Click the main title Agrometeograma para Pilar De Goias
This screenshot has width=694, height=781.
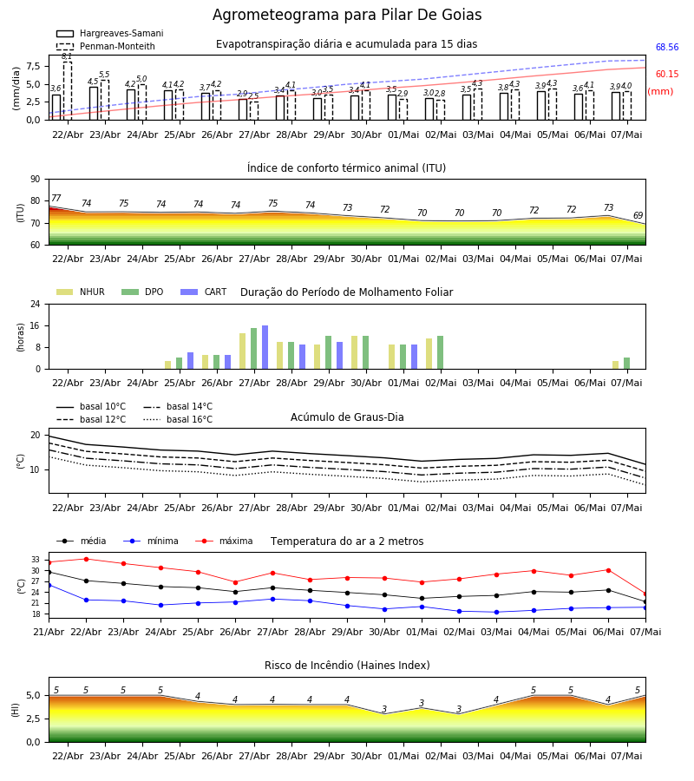pyautogui.click(x=347, y=15)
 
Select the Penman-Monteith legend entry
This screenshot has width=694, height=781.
pyautogui.click(x=106, y=46)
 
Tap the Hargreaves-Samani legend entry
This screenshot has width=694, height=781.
pyautogui.click(x=109, y=33)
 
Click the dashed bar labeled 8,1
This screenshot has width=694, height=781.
pyautogui.click(x=67, y=90)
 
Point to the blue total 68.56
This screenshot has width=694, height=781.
pyautogui.click(x=667, y=48)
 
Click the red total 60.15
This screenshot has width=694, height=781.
pyautogui.click(x=667, y=75)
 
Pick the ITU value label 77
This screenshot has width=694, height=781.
pyautogui.click(x=56, y=198)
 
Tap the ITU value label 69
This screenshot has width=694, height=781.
pyautogui.click(x=638, y=215)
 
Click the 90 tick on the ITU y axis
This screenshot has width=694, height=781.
pyautogui.click(x=36, y=180)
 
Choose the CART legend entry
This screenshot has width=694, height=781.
pyautogui.click(x=204, y=292)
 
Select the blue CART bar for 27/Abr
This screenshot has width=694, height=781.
pyautogui.click(x=265, y=347)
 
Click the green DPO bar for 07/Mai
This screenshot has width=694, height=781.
pyautogui.click(x=627, y=363)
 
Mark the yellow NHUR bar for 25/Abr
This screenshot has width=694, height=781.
pyautogui.click(x=167, y=365)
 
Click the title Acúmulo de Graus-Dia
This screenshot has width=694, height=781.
pyautogui.click(x=347, y=417)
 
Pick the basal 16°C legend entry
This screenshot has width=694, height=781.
pyautogui.click(x=178, y=419)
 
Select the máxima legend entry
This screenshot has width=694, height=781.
pyautogui.click(x=224, y=541)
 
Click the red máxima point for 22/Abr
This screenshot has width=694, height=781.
pyautogui.click(x=86, y=559)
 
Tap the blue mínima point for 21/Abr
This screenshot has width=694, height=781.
pyautogui.click(x=49, y=585)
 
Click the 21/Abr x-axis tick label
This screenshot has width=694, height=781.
pyautogui.click(x=49, y=632)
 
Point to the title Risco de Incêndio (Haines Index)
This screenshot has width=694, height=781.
pyautogui.click(x=347, y=666)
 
